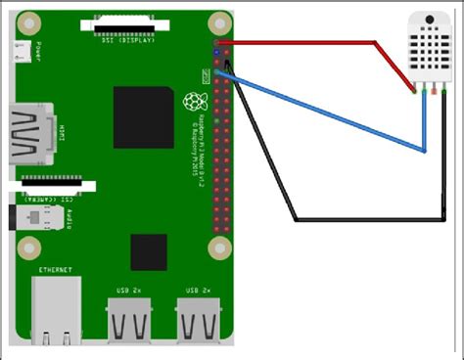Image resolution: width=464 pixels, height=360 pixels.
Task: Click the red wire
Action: coord(294,42)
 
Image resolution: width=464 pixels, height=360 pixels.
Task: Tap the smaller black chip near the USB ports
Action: coord(149,251)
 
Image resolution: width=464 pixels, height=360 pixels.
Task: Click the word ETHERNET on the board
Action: coord(56,269)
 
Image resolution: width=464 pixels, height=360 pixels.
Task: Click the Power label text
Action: coord(38,50)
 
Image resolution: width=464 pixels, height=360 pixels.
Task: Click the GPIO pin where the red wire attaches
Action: coord(218,42)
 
